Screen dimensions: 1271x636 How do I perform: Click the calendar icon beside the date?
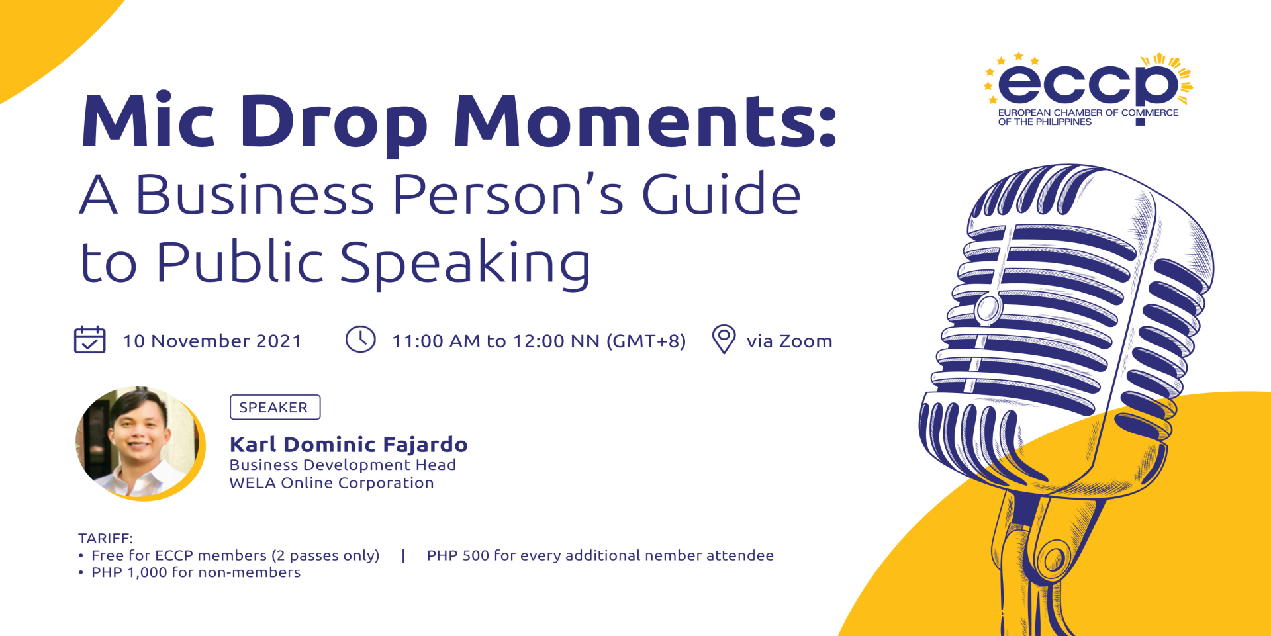coord(89,340)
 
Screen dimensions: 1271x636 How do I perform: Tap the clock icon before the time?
coord(361,339)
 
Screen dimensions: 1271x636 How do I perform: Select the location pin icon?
coord(724,340)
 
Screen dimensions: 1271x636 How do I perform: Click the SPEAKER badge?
coord(275,407)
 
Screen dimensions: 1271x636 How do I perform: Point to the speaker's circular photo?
coord(140,443)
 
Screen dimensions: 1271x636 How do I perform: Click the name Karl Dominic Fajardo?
coord(349,444)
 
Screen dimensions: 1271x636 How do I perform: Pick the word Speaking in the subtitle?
coord(465,263)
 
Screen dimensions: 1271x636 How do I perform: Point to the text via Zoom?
coord(789,341)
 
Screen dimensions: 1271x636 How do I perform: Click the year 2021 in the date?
coord(279,341)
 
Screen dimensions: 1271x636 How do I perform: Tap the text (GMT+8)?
coord(646,341)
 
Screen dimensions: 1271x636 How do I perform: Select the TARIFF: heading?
coord(106,538)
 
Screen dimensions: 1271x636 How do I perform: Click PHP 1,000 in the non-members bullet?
coord(129,572)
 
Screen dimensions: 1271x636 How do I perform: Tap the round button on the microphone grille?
coord(988,308)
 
